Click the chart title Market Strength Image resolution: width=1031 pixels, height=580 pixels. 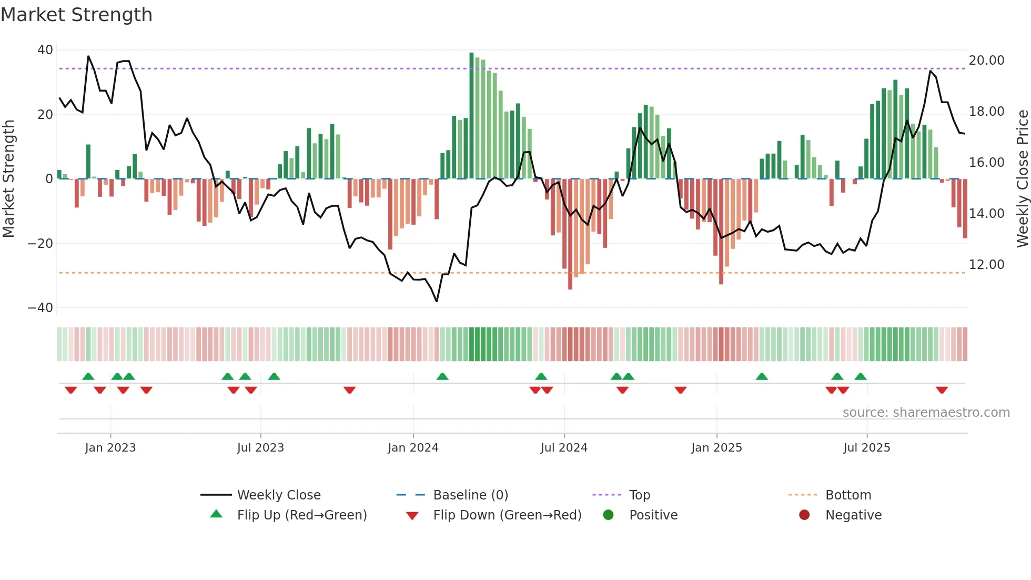(x=76, y=15)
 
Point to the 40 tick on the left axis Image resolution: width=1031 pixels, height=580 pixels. (x=45, y=50)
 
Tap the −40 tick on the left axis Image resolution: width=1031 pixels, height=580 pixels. (x=41, y=308)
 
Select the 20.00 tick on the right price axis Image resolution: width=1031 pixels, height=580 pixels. (x=986, y=61)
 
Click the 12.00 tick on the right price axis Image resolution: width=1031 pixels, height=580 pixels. (x=986, y=265)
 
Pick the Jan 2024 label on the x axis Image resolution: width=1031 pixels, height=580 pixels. (x=413, y=448)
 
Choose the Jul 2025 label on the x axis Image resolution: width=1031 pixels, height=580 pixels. (x=866, y=448)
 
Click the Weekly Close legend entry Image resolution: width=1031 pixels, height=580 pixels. (x=278, y=495)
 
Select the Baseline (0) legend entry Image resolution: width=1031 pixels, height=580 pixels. (x=470, y=495)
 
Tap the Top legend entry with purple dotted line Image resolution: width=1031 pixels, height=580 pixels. (x=639, y=495)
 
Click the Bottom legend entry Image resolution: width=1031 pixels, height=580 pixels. (x=848, y=495)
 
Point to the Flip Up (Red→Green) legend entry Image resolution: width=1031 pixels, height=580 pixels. (x=301, y=515)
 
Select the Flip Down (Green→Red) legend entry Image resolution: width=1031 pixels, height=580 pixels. (x=507, y=515)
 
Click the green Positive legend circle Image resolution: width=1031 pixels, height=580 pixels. (x=608, y=515)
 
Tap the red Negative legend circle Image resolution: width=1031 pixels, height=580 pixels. (x=804, y=515)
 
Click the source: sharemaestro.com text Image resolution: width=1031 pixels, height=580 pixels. (x=926, y=413)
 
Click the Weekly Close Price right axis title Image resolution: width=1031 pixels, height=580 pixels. (x=1022, y=179)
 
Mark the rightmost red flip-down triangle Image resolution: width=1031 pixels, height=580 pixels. (x=942, y=390)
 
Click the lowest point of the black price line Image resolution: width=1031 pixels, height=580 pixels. (x=437, y=301)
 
